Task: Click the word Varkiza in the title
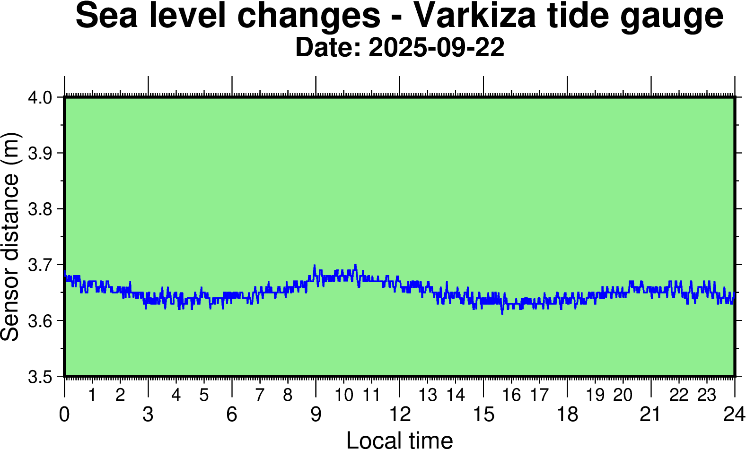pos(475,16)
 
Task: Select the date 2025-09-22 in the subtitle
pos(436,48)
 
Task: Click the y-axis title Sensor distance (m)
pos(10,236)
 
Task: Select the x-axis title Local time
pos(400,440)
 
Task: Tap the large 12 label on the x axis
pos(400,414)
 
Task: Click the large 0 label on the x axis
pos(64,414)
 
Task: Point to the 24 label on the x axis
pos(734,414)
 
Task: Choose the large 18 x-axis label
pos(567,414)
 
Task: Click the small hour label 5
pos(204,395)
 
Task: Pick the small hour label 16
pos(511,395)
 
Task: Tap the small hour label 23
pos(707,395)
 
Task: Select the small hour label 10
pos(344,395)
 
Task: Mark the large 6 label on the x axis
pos(232,414)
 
